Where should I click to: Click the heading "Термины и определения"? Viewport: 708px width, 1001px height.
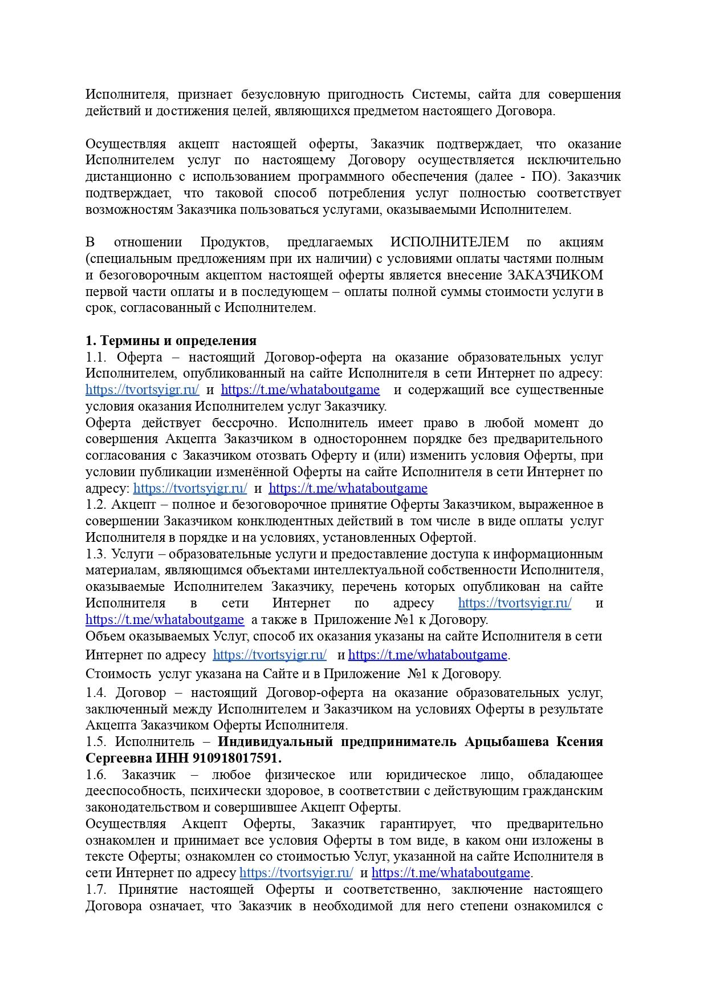[x=178, y=341]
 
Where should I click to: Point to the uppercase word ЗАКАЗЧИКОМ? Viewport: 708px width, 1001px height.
[x=555, y=275]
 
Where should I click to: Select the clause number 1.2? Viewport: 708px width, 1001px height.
[x=95, y=504]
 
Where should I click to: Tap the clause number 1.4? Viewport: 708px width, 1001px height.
[x=95, y=692]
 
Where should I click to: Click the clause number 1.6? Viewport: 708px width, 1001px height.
[x=95, y=775]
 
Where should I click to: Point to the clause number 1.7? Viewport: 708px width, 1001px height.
[x=95, y=889]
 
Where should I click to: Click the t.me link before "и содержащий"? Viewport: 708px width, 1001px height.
[x=300, y=390]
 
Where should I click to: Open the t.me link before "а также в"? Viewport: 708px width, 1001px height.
[x=165, y=619]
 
